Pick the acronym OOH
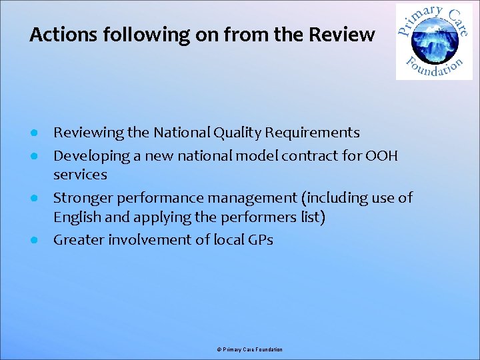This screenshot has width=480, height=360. (382, 156)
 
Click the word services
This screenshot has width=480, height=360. (80, 175)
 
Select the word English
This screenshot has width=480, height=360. (77, 217)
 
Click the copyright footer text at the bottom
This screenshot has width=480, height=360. (249, 349)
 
